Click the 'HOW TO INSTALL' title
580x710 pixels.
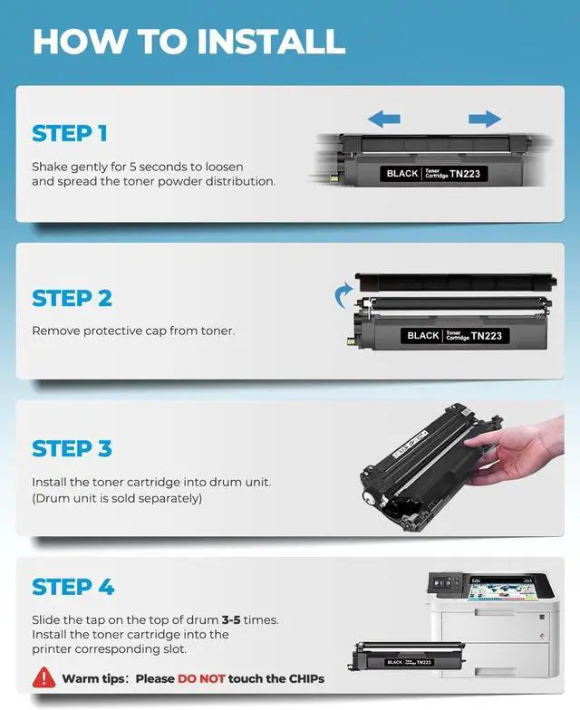coord(188,42)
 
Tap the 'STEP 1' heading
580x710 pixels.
coord(70,134)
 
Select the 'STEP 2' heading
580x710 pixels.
coord(72,299)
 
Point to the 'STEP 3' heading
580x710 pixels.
coord(72,449)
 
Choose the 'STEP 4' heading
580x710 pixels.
coord(72,587)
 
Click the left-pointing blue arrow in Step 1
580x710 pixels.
coord(384,120)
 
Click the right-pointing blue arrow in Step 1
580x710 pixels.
coord(485,120)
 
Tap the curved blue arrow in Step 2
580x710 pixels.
coord(343,295)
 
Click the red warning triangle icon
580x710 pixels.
coord(43,677)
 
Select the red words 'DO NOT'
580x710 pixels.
coord(201,679)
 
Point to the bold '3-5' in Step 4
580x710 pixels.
coord(231,619)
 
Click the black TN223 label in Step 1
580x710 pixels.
coord(433,174)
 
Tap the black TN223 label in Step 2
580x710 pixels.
coord(455,335)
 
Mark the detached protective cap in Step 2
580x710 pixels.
coord(456,283)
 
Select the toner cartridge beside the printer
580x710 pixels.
coord(406,656)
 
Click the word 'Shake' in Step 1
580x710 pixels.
coord(49,167)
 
